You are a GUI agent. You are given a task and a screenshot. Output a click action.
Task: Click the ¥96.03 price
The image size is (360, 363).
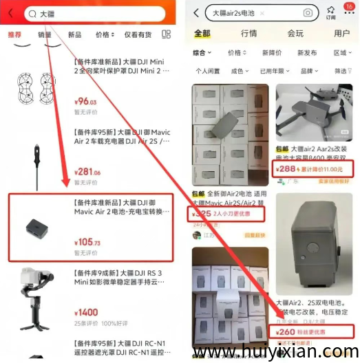85,102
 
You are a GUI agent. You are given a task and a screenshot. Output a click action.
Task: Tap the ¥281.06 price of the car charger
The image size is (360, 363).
87,173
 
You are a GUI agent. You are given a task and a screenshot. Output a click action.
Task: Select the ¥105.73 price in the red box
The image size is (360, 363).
87,243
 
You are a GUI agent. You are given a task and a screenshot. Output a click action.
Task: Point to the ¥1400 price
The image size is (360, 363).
85,312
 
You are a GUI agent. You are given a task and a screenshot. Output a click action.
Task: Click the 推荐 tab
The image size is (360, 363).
14,35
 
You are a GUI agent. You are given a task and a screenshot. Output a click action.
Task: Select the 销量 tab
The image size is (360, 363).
45,35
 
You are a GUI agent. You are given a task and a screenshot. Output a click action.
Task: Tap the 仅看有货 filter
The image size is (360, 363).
138,35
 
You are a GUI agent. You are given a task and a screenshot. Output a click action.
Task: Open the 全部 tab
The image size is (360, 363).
202,33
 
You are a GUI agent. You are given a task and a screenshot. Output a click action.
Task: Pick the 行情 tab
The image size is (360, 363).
248,33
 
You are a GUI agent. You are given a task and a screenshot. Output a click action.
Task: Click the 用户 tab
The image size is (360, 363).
341,33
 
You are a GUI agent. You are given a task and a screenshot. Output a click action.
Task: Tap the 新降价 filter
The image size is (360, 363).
272,53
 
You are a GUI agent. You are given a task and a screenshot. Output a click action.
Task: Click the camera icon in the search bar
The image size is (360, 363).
308,13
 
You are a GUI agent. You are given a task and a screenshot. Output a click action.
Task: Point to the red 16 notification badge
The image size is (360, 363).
348,6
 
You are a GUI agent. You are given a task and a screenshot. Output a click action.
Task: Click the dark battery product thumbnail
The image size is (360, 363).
35,226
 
